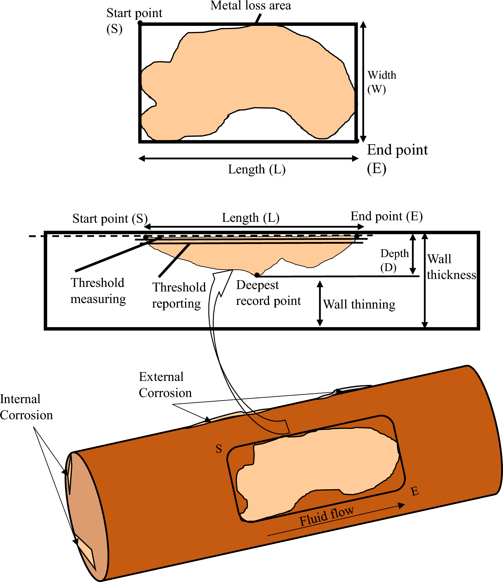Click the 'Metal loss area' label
tap(250, 6)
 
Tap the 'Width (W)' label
tap(382, 82)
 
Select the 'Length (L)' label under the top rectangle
tap(257, 169)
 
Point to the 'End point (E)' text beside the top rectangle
tap(397, 159)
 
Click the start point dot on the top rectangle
tap(140, 23)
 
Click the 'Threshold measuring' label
tap(98, 291)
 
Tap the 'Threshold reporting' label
tap(179, 295)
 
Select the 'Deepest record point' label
tap(268, 293)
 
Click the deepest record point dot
tap(257, 275)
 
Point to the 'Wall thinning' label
tap(359, 304)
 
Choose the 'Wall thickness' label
tap(451, 267)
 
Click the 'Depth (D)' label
tap(394, 260)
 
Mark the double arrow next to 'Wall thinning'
tap(320, 303)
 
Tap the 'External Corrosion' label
tap(165, 385)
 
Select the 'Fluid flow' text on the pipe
tap(326, 516)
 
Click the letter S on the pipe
tap(219, 449)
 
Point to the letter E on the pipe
tap(414, 491)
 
